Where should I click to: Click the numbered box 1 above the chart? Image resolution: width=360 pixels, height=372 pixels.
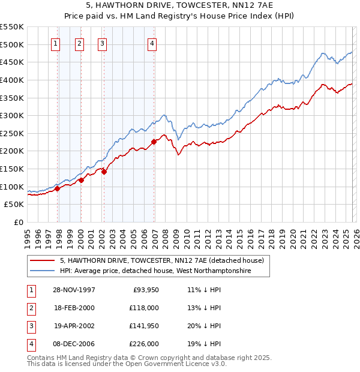[55, 43]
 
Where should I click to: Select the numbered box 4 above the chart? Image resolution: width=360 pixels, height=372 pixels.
[152, 43]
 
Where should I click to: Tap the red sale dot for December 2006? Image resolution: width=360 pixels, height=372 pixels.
[154, 142]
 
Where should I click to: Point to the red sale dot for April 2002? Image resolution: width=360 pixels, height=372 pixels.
[104, 172]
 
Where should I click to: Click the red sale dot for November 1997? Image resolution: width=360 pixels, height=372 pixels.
[58, 188]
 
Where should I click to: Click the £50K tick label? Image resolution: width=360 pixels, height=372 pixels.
[14, 204]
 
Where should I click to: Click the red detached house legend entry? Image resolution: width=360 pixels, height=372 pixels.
[161, 260]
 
